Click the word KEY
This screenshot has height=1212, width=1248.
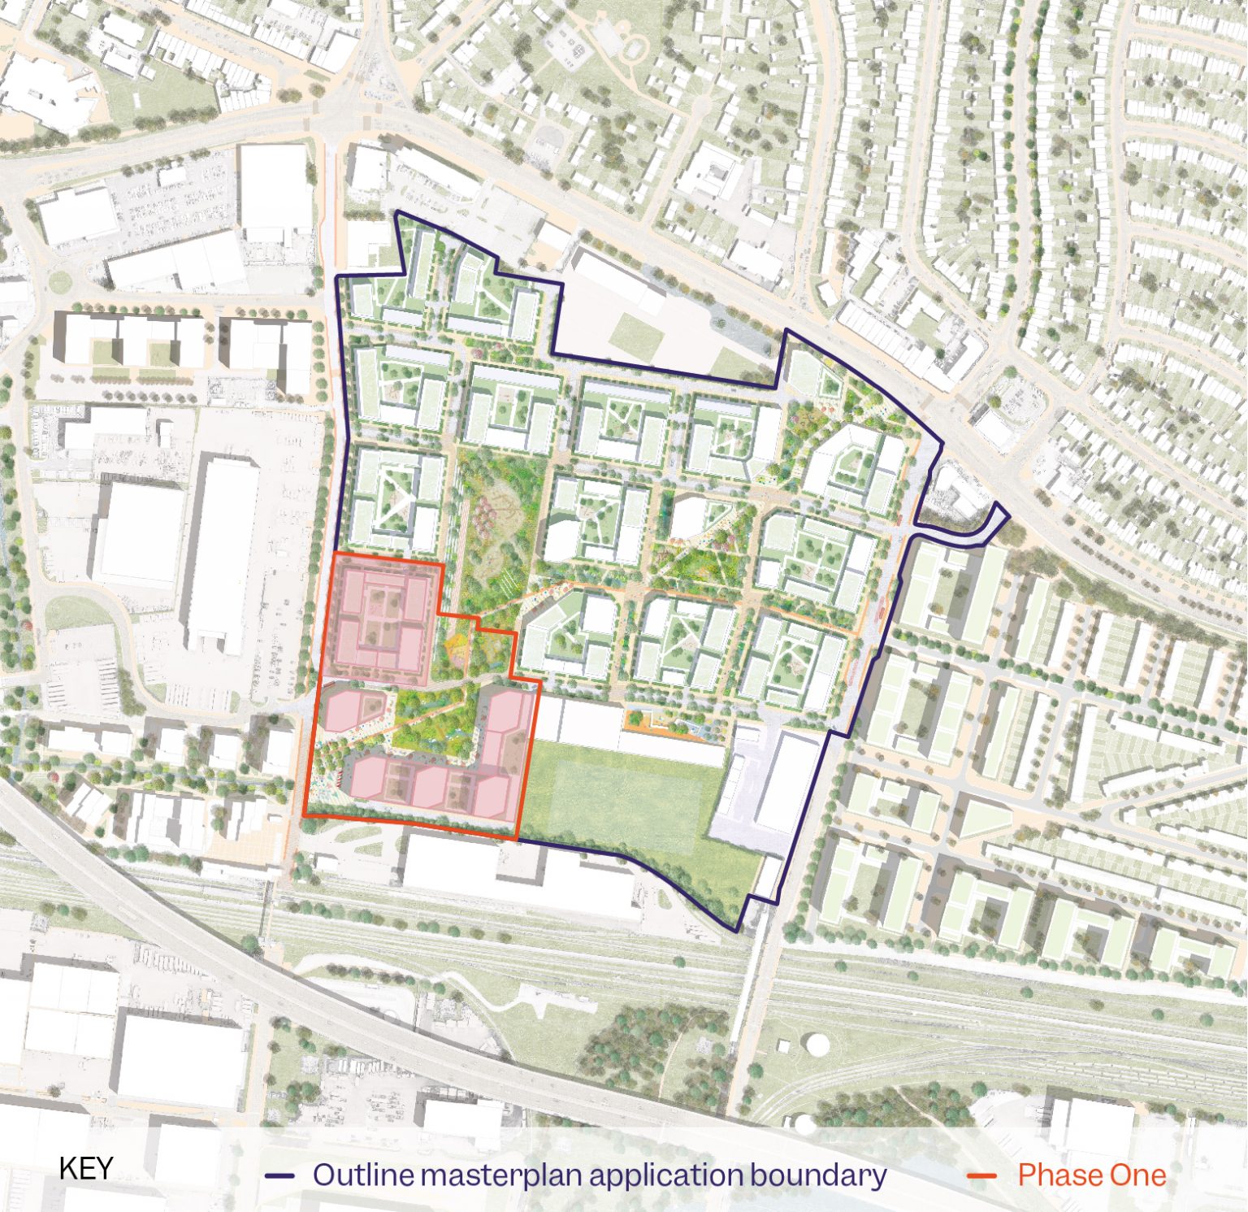coord(86,1168)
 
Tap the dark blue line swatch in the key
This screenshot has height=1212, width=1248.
coord(279,1175)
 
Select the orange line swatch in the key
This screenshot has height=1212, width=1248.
coord(982,1175)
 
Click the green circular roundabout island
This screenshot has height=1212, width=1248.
coord(59,282)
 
